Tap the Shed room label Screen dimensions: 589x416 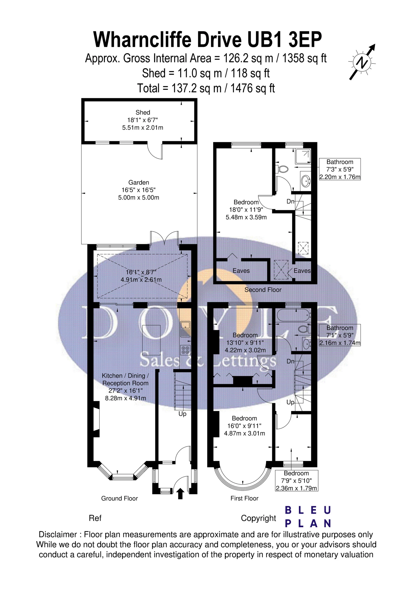(x=143, y=112)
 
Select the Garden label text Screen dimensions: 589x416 (x=138, y=182)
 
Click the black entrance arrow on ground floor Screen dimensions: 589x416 (x=180, y=493)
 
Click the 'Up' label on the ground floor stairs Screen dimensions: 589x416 (x=182, y=414)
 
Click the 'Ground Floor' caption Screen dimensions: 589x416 (x=120, y=498)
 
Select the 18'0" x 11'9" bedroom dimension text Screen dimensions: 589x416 (x=246, y=210)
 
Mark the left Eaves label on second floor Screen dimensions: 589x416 (x=241, y=271)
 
